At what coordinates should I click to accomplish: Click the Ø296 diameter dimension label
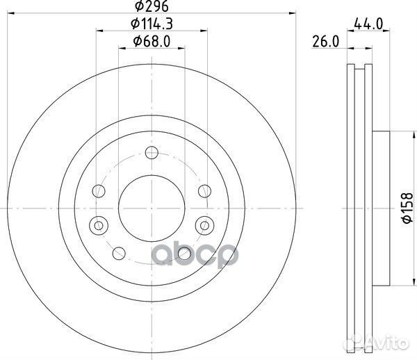pyautogui.click(x=152, y=6)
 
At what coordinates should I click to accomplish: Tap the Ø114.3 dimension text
pyautogui.click(x=152, y=24)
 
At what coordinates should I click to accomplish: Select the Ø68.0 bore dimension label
pyautogui.click(x=152, y=42)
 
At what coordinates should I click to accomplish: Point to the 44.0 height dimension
pyautogui.click(x=368, y=24)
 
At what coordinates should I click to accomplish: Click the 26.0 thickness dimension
pyautogui.click(x=326, y=42)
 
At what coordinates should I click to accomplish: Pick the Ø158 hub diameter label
pyautogui.click(x=408, y=208)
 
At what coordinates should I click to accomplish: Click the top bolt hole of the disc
pyautogui.click(x=152, y=153)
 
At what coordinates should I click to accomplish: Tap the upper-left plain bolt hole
pyautogui.click(x=99, y=191)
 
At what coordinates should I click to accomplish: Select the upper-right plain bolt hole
pyautogui.click(x=204, y=191)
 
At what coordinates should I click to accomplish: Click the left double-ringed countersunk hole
pyautogui.click(x=99, y=226)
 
